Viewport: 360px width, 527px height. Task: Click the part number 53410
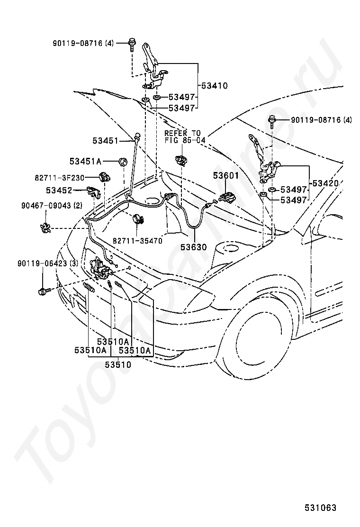point(214,86)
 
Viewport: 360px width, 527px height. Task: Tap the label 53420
point(325,183)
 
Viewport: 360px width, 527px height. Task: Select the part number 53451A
point(85,162)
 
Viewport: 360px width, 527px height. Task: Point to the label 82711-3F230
point(59,178)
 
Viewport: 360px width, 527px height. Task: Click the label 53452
point(59,191)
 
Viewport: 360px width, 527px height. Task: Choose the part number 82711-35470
point(137,241)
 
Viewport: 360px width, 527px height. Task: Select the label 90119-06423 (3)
point(47,263)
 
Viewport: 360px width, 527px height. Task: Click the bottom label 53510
point(118,364)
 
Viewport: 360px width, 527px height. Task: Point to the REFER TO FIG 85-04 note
point(184,136)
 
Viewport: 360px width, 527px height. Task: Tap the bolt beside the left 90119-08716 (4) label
point(131,45)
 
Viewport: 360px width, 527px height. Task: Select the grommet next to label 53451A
point(123,162)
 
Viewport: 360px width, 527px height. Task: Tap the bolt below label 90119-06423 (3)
point(44,290)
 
